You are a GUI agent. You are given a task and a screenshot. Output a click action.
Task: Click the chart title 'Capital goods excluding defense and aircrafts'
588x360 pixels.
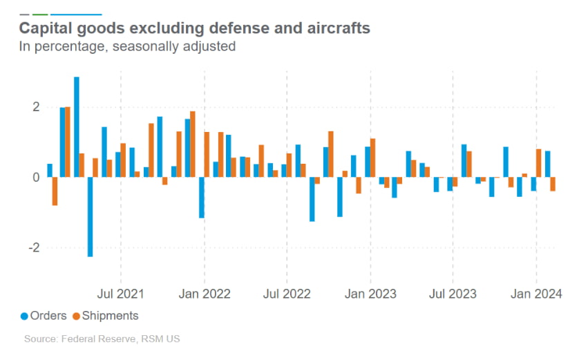click(x=193, y=28)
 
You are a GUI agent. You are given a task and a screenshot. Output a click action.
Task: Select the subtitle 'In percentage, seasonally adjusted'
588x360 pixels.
click(x=127, y=47)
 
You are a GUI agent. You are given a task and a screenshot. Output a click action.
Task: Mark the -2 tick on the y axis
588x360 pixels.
click(x=32, y=247)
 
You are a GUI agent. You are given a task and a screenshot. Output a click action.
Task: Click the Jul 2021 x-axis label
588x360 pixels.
click(x=121, y=294)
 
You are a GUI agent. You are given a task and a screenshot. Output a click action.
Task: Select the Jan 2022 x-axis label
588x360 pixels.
click(x=204, y=294)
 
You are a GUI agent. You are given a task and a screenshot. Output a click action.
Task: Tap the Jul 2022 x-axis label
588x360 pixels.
click(x=287, y=294)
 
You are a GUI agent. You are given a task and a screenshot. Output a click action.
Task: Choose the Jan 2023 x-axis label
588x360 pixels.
click(x=370, y=294)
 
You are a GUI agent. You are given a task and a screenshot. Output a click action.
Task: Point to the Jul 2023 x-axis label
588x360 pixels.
click(x=453, y=294)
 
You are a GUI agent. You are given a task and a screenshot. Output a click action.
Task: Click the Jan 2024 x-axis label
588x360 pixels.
click(x=537, y=294)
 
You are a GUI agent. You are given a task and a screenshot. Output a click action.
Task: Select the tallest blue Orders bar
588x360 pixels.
click(x=77, y=127)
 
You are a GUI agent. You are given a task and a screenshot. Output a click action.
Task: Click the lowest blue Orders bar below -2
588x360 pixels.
click(x=91, y=217)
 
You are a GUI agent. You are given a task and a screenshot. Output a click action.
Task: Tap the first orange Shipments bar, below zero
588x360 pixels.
click(x=55, y=191)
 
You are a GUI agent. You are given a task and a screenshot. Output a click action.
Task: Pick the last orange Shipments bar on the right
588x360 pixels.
click(x=553, y=184)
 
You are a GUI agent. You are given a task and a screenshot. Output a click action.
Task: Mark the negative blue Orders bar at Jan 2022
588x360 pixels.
click(x=201, y=198)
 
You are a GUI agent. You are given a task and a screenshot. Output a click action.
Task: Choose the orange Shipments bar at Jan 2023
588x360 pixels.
click(x=373, y=158)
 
